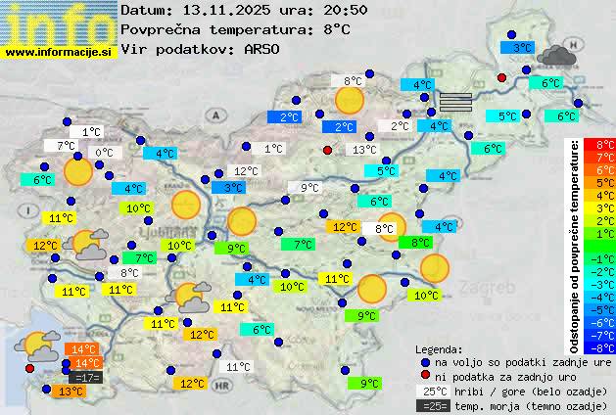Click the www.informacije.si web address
(x=59, y=51)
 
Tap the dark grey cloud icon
(x=556, y=55)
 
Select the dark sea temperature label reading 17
(x=86, y=377)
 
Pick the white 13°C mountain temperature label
(x=364, y=150)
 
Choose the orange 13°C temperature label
(x=70, y=391)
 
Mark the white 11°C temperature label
(x=238, y=367)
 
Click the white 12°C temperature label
(x=246, y=171)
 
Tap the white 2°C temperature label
(x=401, y=126)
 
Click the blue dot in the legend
(x=424, y=362)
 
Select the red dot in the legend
(x=424, y=376)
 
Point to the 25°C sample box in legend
(x=432, y=391)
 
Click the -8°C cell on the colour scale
(x=599, y=346)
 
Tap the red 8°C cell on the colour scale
(x=599, y=144)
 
